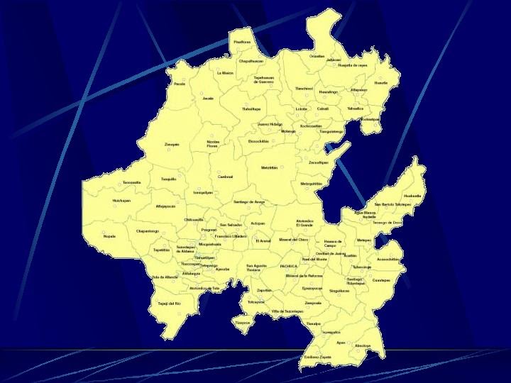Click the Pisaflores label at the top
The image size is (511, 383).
[x=242, y=42]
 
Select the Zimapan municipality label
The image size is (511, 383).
[x=172, y=144]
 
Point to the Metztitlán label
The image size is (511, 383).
[x=269, y=167]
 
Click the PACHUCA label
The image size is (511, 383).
[x=289, y=265]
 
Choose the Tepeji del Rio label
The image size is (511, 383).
[x=169, y=303]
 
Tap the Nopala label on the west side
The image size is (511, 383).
[x=109, y=236]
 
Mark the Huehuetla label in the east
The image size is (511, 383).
[x=412, y=195]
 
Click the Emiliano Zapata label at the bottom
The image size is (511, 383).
[x=318, y=356]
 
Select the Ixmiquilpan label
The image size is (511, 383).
[x=203, y=192]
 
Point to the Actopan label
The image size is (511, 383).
[x=258, y=223]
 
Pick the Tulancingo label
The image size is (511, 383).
[x=361, y=267]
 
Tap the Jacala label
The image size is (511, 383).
[x=208, y=99]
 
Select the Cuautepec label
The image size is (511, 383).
[x=381, y=279]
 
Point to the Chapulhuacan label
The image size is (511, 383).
[x=251, y=61]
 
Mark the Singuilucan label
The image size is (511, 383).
[x=339, y=290]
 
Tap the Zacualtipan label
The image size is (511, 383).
[x=319, y=162]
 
